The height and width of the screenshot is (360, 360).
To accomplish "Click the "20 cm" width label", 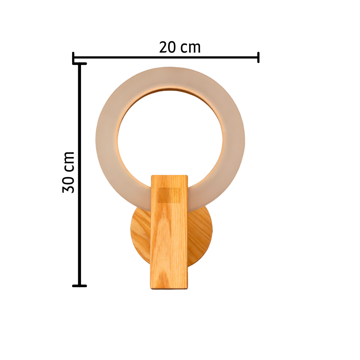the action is point(180,47).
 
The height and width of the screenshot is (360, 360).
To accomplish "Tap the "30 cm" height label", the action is point(68,172).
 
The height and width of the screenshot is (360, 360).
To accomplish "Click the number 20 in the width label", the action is point(168,47).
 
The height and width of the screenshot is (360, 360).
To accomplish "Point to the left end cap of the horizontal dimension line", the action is point(73,58).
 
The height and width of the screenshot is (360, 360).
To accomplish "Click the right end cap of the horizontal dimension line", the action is point(258,58).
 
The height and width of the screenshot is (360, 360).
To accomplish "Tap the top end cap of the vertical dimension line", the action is point(79,64).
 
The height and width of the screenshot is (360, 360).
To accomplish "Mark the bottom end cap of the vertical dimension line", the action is point(79,286).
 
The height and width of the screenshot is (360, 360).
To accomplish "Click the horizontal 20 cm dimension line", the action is point(166,58).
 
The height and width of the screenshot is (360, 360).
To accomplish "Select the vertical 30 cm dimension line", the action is point(79,175).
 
